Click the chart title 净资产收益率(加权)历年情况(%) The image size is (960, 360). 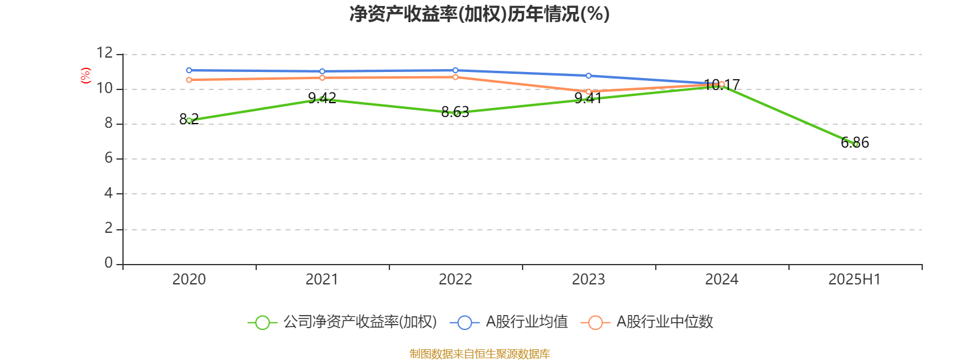tap(479, 14)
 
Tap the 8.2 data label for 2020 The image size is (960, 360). tap(189, 119)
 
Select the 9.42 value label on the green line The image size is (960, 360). tap(322, 98)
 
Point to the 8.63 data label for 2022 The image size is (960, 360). tap(455, 112)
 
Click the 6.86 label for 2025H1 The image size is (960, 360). tap(854, 142)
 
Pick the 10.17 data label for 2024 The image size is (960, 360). tap(722, 85)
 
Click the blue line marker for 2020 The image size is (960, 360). tap(189, 70)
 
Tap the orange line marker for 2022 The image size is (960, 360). tap(455, 77)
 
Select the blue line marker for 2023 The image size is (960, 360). tap(589, 76)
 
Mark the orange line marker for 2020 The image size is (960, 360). tap(189, 80)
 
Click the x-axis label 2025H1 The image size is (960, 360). tap(854, 280)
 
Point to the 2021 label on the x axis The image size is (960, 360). tap(322, 280)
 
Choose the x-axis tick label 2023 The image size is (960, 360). tap(589, 280)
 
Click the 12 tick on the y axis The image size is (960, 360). tap(104, 53)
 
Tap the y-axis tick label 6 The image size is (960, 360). tap(109, 158)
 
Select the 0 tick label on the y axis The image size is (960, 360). tap(109, 263)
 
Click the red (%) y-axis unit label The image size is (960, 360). tap(86, 75)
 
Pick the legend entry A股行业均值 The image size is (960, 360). tap(509, 322)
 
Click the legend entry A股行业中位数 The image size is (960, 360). tap(647, 322)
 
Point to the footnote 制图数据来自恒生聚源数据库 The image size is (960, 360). tap(479, 353)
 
